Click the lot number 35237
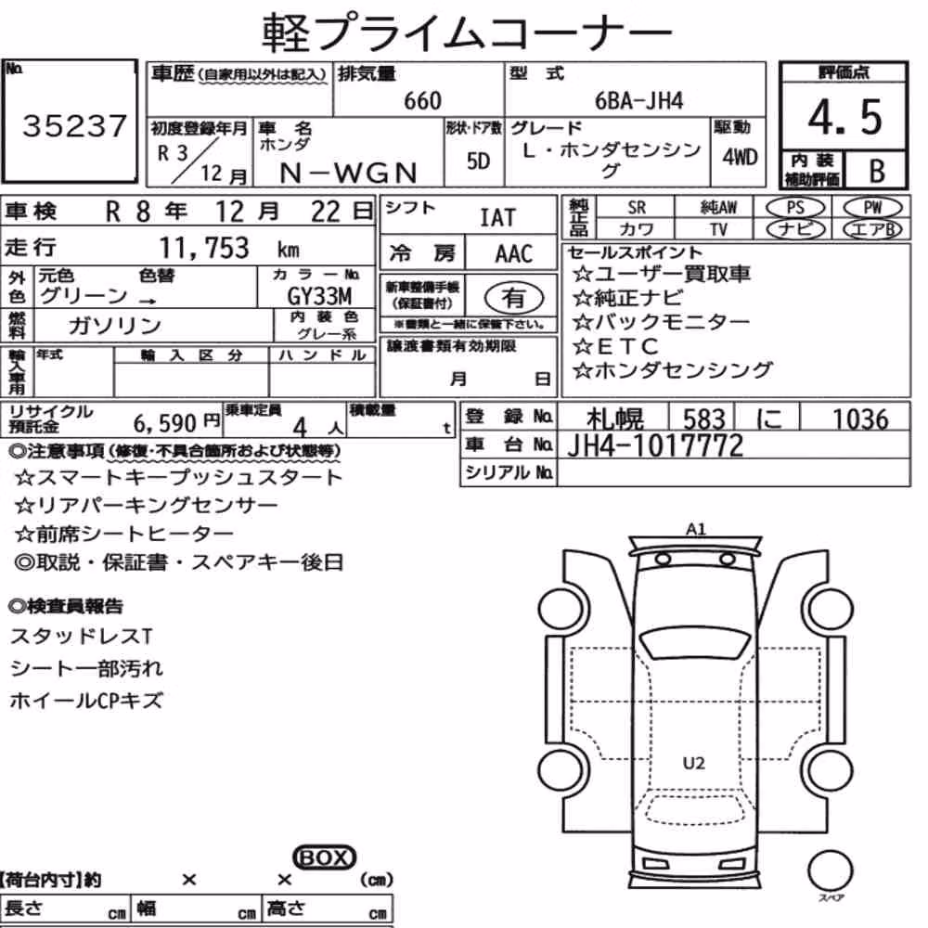pos(74,126)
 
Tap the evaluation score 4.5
pos(844,117)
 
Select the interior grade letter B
pos(877,171)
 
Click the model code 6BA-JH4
pos(638,101)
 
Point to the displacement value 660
pos(422,101)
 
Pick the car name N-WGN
pos(348,174)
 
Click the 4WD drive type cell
pos(740,158)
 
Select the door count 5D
pos(478,161)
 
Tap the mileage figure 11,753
pos(204,248)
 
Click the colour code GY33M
pos(319,296)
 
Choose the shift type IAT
pos(497,218)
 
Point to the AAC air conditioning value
pos(513,254)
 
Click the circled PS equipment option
pos(795,208)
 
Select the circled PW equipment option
pos(872,208)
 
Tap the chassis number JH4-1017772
pos(655,446)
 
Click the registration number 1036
pos(860,419)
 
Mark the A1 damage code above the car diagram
pos(695,529)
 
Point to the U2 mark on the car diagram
pos(693,763)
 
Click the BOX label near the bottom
pos(324,857)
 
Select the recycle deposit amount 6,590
pos(164,423)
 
